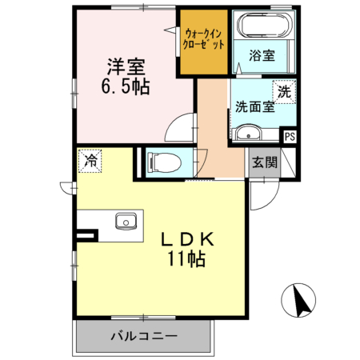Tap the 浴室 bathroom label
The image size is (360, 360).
[262, 56]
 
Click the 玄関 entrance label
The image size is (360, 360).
[265, 164]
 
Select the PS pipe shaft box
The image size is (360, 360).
[290, 136]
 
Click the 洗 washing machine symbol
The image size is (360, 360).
[284, 91]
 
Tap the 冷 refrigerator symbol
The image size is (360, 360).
[90, 161]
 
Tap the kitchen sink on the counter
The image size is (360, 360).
[125, 221]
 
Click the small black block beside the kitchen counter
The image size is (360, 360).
[86, 236]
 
